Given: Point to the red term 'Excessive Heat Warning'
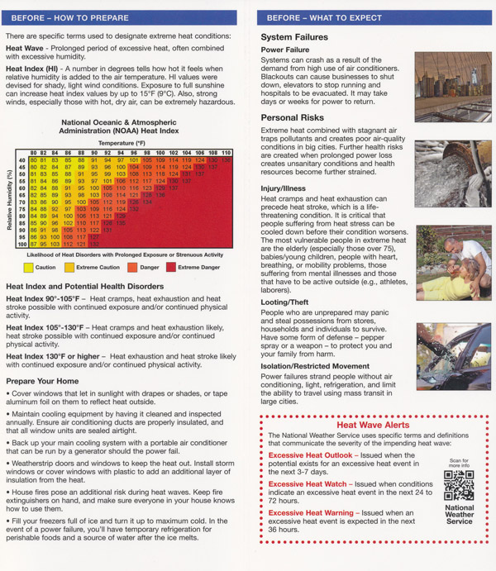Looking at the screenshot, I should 311,513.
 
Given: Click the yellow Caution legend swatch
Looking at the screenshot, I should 29,267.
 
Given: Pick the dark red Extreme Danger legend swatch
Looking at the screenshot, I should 172,267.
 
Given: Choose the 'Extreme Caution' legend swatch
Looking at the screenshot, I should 70,267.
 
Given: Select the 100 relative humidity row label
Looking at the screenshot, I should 22,244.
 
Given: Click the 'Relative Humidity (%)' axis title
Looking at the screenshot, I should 10,198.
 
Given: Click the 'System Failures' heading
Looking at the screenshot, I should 294,37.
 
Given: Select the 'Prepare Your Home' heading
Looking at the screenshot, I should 42,381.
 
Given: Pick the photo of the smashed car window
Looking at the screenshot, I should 452,356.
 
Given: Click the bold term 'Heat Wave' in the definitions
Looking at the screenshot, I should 24,49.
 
